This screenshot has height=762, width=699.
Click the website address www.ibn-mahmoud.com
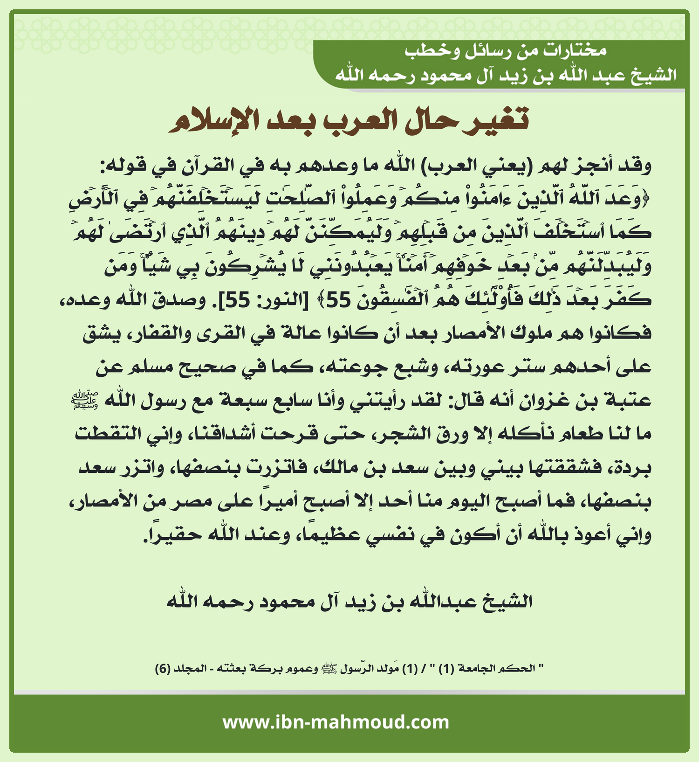[x=336, y=722]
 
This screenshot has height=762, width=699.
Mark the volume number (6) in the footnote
[x=162, y=669]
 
